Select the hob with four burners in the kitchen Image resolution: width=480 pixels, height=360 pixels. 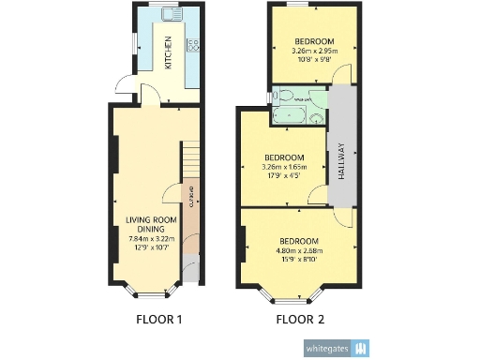tap(194, 44)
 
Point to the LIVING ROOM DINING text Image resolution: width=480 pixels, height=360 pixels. tap(151, 224)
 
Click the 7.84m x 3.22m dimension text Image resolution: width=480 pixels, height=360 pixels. tap(151, 238)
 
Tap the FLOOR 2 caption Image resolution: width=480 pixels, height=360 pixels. tap(300, 320)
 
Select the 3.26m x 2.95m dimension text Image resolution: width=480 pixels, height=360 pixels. tap(314, 52)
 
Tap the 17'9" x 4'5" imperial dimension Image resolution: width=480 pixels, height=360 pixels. tap(282, 176)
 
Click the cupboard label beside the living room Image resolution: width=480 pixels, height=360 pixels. tap(190, 202)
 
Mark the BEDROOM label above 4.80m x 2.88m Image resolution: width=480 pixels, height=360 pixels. tap(298, 240)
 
